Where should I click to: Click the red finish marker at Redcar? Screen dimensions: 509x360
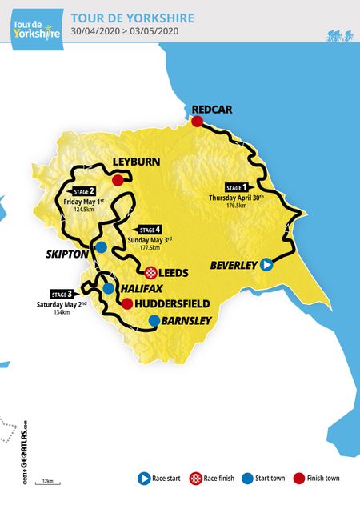pyautogui.click(x=195, y=122)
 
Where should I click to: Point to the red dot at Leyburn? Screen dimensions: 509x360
pyautogui.click(x=118, y=180)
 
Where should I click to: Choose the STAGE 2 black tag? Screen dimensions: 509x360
pyautogui.click(x=82, y=192)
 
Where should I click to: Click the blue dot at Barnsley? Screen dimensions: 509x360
pyautogui.click(x=153, y=321)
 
